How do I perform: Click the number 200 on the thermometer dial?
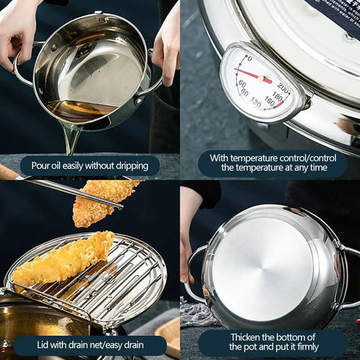coord(283,87)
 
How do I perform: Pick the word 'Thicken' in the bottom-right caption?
coord(248,337)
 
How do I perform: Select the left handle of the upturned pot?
coord(193,270)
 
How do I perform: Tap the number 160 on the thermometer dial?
coord(269,103)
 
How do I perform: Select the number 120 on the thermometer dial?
coord(255,103)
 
